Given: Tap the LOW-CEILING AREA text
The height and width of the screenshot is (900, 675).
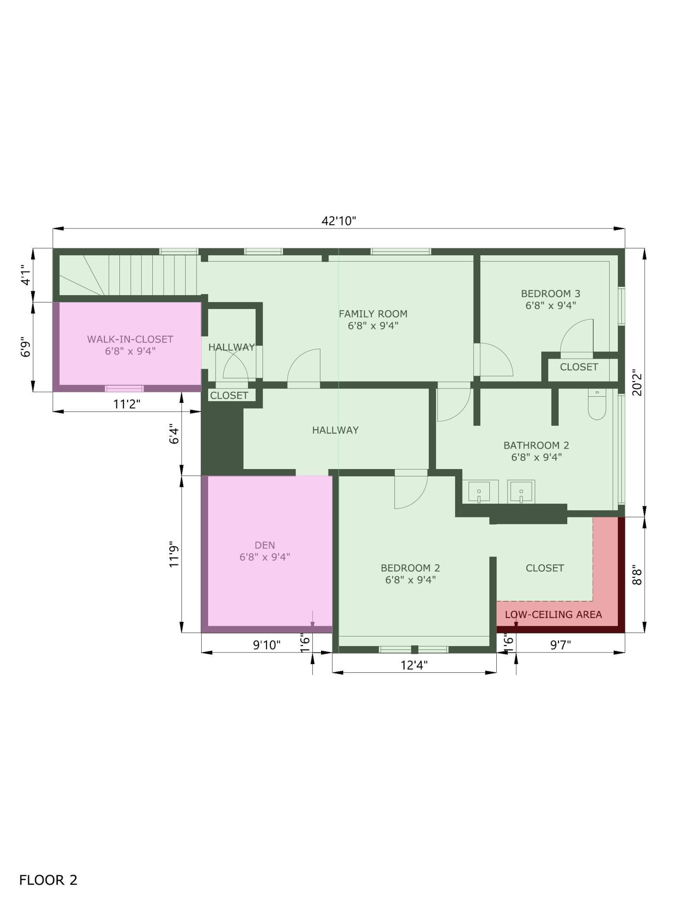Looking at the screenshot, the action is coord(553,614).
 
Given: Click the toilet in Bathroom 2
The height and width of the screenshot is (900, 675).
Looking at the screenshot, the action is coord(597,404).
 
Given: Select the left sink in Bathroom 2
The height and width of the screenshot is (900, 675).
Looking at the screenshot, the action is coord(479,492).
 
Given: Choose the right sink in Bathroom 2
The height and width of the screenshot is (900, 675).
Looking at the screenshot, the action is coord(521,492).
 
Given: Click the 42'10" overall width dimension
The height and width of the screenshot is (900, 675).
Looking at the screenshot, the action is coord(339,221).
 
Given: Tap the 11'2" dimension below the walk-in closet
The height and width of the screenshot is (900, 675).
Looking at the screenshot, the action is coord(127,404).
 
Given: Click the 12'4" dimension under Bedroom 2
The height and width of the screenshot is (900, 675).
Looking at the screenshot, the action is coord(414,665).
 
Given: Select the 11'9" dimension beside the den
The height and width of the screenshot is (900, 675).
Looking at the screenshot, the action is coord(174,554).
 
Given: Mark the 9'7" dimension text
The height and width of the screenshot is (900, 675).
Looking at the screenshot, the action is coord(560,645).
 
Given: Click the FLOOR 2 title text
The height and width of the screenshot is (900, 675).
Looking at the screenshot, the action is coord(48,856).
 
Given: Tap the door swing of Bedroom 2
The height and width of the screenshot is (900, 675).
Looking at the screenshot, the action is coord(411,489).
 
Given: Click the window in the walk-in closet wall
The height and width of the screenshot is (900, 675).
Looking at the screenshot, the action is coord(125,389).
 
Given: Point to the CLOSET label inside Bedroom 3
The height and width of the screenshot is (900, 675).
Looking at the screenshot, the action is coord(579,367).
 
